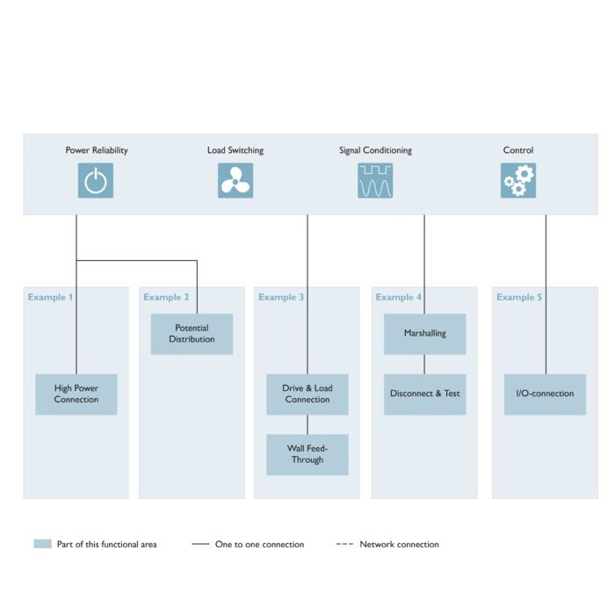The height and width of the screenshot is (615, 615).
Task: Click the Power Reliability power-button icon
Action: click(96, 180)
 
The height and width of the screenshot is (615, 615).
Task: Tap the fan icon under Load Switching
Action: click(235, 180)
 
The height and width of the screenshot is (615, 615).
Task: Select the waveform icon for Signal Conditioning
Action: click(375, 180)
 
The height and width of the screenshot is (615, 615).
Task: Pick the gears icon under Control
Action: click(518, 180)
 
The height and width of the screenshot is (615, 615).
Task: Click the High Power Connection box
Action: click(76, 394)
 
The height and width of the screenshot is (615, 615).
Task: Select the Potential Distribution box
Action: click(192, 334)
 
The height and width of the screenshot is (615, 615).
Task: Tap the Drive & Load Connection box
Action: click(307, 394)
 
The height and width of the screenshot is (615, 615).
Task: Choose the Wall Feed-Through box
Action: click(307, 454)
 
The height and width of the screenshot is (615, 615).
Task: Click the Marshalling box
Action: click(424, 334)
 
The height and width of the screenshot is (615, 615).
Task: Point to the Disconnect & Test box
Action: click(424, 394)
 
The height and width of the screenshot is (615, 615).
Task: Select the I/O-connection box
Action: click(545, 394)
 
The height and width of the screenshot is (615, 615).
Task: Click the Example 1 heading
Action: click(50, 297)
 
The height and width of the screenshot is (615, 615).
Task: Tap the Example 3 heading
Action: click(281, 297)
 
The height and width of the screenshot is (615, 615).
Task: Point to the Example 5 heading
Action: click(519, 297)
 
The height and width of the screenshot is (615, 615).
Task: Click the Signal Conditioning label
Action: click(375, 150)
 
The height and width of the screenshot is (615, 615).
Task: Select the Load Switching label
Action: click(235, 150)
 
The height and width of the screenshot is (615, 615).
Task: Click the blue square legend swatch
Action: click(42, 544)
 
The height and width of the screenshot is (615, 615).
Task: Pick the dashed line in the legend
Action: click(344, 544)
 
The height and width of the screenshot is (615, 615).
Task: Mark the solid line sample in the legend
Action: click(200, 544)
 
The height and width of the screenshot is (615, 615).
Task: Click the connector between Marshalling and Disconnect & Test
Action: click(424, 365)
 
